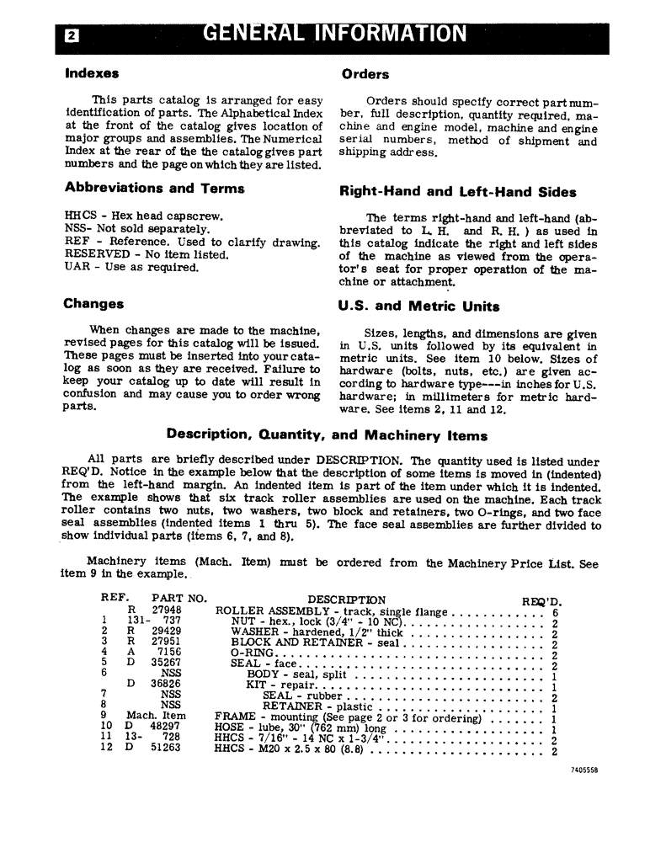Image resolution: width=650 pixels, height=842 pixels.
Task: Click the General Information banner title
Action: (x=333, y=34)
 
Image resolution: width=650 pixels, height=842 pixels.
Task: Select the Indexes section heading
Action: (x=92, y=73)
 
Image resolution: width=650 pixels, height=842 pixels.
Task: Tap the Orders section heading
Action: (x=365, y=74)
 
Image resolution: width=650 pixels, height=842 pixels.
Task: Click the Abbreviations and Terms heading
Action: (x=154, y=189)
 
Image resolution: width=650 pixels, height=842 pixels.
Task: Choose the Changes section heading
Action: (x=93, y=304)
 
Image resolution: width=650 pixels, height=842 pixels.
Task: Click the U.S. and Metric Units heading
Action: (x=418, y=306)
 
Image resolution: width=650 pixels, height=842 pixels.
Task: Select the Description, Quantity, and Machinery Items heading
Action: (x=327, y=435)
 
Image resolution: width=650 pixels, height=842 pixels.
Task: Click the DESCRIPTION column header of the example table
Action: (x=346, y=600)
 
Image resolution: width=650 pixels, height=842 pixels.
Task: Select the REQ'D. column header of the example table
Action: (x=541, y=601)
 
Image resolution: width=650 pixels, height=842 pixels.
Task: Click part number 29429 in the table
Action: (x=166, y=631)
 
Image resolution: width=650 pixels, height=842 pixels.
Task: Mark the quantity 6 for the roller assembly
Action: (x=555, y=613)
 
